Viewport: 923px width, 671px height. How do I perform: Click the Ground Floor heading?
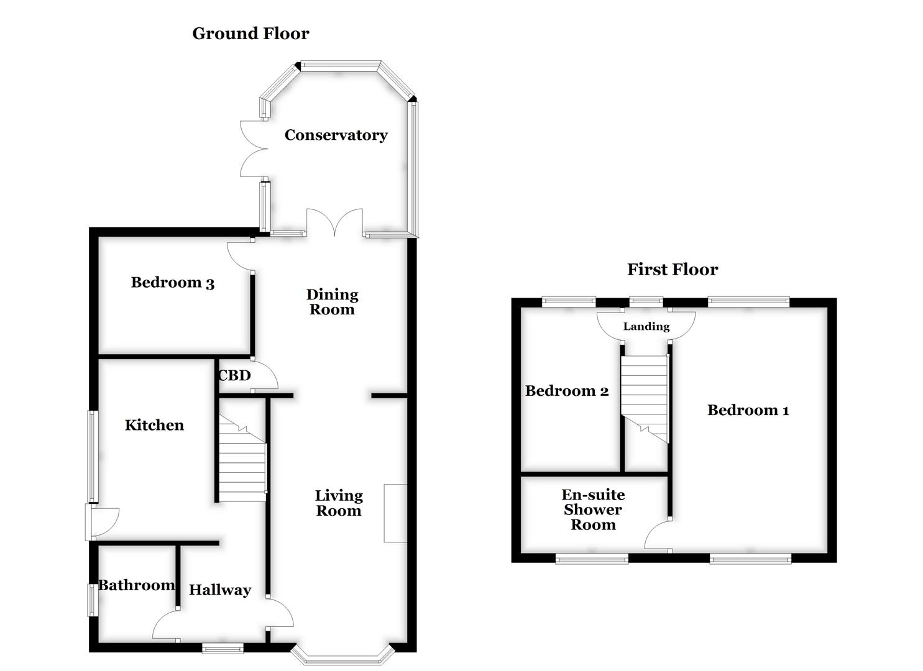tap(250, 34)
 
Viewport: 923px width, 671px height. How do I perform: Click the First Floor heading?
tap(672, 270)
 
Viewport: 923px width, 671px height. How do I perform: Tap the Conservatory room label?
tap(336, 135)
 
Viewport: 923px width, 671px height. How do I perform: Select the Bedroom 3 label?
tap(172, 283)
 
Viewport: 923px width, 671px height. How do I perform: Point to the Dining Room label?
tap(332, 302)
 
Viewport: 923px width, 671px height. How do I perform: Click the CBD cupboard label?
tap(234, 375)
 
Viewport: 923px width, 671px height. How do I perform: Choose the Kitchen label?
tap(154, 425)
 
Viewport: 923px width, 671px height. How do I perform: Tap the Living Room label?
tap(338, 503)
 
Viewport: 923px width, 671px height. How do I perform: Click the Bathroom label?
tap(136, 585)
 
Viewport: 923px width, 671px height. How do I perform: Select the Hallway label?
tap(219, 590)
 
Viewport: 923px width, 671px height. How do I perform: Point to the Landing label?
tap(646, 327)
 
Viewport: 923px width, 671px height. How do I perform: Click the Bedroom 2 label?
tap(566, 391)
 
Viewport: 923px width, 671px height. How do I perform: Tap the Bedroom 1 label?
tap(748, 410)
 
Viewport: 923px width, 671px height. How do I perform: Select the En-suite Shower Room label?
tap(593, 509)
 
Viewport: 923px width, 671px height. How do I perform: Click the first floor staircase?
tap(645, 398)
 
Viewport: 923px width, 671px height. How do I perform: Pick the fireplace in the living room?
tap(395, 513)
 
